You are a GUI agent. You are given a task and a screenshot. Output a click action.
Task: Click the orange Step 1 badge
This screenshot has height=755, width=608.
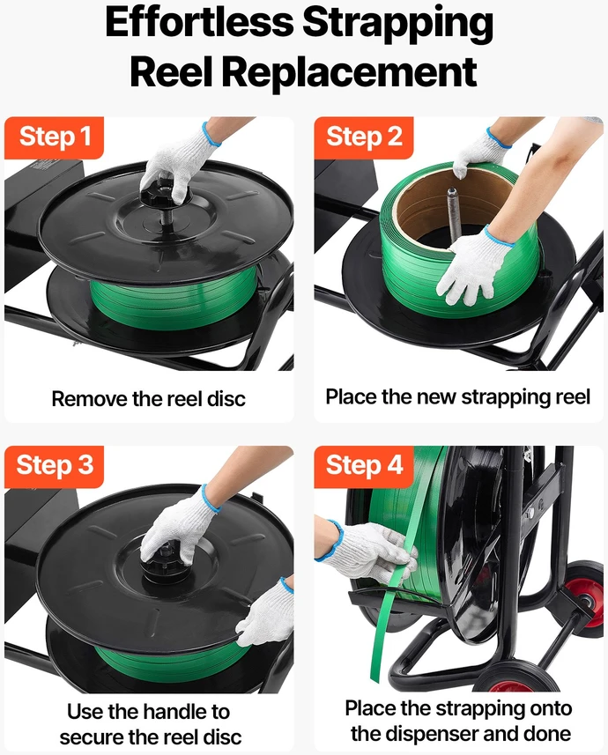tap(54, 137)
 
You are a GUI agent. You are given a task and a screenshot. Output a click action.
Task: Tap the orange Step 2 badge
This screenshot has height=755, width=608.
tap(364, 137)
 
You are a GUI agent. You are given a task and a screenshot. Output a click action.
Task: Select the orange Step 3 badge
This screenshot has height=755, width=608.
tap(54, 467)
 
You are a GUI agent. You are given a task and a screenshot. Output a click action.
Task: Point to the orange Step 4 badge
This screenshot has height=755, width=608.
tap(364, 467)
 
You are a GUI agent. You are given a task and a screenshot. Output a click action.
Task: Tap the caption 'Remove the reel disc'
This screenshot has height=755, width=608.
tap(148, 399)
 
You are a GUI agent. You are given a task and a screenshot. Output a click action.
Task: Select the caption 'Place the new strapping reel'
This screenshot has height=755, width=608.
tap(457, 397)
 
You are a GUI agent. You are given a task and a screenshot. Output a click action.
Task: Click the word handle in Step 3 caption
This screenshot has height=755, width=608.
tap(174, 712)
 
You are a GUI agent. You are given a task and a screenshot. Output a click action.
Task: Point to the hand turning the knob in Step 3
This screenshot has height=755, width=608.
tap(179, 525)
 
